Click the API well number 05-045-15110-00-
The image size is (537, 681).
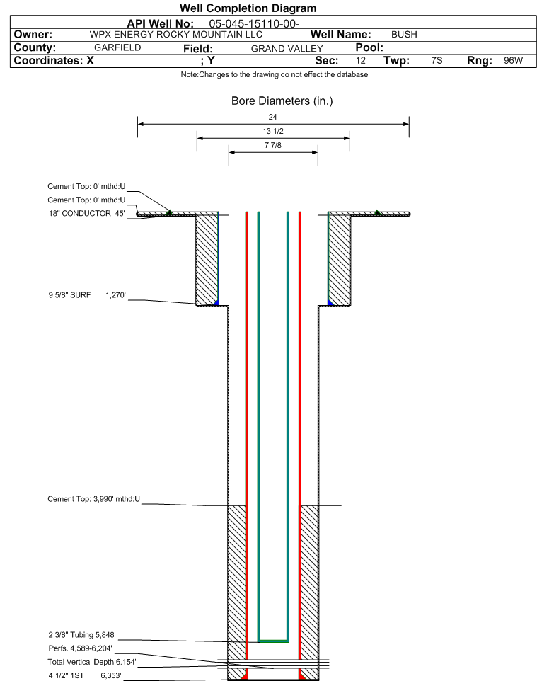(254, 23)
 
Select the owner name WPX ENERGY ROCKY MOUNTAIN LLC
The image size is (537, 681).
(176, 34)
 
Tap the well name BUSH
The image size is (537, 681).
(404, 34)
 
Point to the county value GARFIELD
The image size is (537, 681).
(117, 47)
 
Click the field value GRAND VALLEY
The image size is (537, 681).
(287, 49)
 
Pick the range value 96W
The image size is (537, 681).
(513, 60)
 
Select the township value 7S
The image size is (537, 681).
(437, 60)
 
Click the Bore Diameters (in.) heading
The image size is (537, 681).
(282, 101)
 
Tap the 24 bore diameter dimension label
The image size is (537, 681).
(272, 117)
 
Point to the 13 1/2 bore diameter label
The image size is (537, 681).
(273, 131)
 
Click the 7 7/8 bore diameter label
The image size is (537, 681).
(273, 145)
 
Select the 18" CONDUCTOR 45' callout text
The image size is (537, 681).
(87, 213)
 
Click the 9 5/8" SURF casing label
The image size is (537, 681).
(70, 295)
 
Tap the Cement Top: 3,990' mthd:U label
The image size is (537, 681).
(94, 499)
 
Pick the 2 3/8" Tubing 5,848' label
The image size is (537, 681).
(82, 635)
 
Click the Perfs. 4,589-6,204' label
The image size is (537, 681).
(81, 648)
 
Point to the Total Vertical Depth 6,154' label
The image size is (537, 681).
(92, 662)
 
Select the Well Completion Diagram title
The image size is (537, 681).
(248, 8)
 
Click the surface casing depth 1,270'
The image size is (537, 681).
(115, 295)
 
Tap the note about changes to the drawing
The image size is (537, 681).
(275, 75)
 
